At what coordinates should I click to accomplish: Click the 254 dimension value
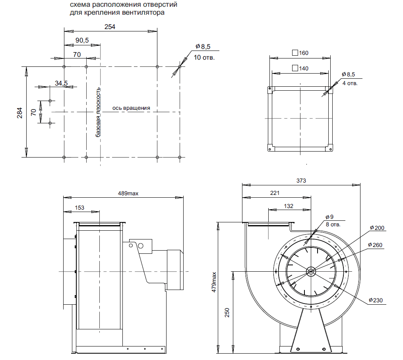(x=110, y=27)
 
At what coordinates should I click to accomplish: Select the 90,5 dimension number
(x=82, y=41)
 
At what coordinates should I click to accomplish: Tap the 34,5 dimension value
(x=61, y=83)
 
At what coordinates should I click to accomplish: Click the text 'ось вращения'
(x=131, y=108)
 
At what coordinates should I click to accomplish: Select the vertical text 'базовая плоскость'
(x=98, y=113)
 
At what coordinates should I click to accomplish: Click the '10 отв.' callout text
(x=204, y=57)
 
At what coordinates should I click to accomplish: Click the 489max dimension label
(x=128, y=193)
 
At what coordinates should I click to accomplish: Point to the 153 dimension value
(x=79, y=207)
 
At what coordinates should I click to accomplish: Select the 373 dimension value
(x=301, y=181)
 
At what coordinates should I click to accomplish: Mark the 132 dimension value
(x=289, y=206)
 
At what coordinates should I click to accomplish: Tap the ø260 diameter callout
(x=375, y=245)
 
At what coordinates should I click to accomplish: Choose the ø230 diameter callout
(x=375, y=300)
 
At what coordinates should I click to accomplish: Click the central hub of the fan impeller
(x=311, y=272)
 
